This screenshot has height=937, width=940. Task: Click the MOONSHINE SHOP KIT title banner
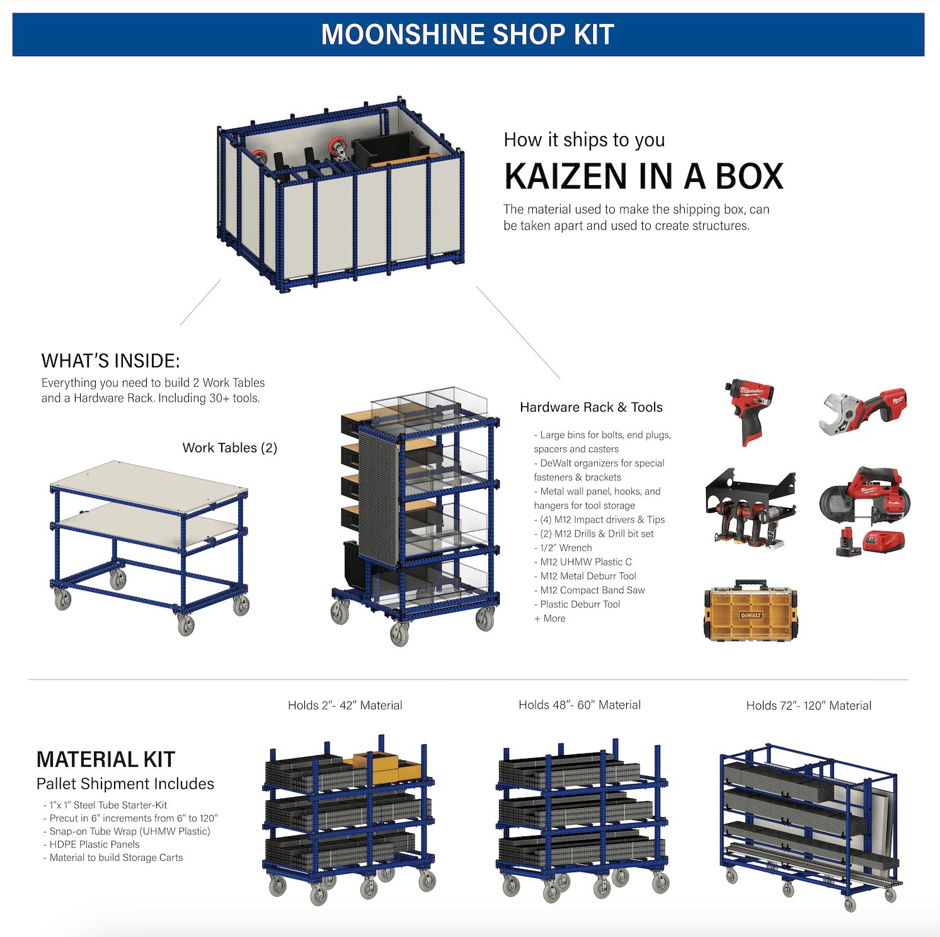pyautogui.click(x=468, y=35)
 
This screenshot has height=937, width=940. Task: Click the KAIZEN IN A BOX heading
pyautogui.click(x=643, y=176)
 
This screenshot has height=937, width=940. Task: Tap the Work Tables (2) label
pyautogui.click(x=230, y=448)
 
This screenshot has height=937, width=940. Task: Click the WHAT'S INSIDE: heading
pyautogui.click(x=110, y=361)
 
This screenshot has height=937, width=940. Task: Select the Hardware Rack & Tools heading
pyautogui.click(x=591, y=407)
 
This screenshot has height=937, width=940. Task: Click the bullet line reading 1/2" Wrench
pyautogui.click(x=565, y=548)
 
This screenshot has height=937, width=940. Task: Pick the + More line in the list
pyautogui.click(x=550, y=618)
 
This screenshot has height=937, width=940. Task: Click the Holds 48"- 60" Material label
pyautogui.click(x=580, y=705)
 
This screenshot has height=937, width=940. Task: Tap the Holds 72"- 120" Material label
pyautogui.click(x=808, y=706)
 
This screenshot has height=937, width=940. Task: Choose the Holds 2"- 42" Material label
pyautogui.click(x=345, y=706)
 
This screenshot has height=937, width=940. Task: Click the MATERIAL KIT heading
pyautogui.click(x=106, y=759)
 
